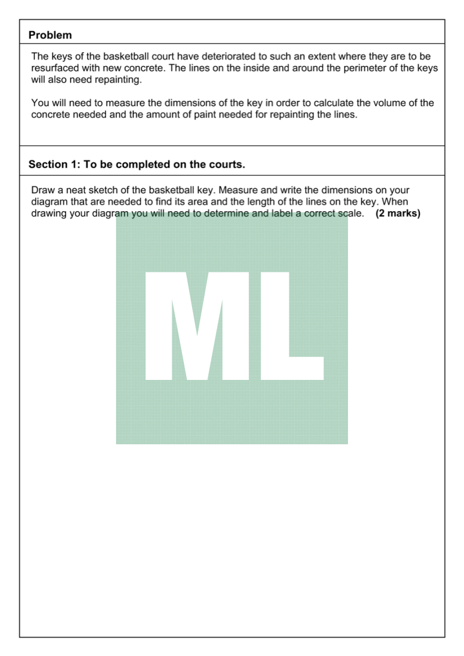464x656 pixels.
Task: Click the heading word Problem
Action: point(50,35)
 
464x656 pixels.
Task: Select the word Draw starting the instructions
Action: point(43,190)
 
